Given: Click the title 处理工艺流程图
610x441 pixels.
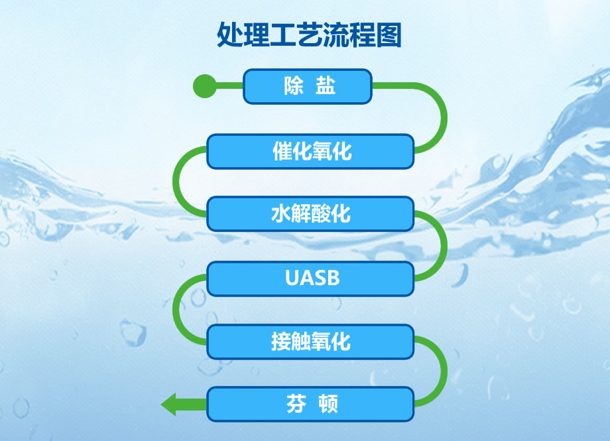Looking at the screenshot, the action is pos(309,35).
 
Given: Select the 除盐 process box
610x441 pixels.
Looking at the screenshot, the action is pos(308,86).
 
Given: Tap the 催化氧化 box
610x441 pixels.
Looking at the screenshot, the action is pos(310,151).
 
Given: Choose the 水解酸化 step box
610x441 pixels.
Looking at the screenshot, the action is pos(310,214).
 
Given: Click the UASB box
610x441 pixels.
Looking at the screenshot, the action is pos(310,279).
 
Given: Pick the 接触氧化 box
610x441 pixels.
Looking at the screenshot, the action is pos(310,342).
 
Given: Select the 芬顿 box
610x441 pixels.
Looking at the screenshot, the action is pos(310,404).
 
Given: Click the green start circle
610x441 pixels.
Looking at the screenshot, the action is pos(205,86).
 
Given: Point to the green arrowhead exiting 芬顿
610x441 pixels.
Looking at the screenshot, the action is pos(168,405).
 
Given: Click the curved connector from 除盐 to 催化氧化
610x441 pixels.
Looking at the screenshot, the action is pos(444,117).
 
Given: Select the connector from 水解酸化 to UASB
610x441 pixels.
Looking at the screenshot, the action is pos(444,245).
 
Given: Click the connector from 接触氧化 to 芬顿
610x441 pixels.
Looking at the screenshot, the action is pos(444,372).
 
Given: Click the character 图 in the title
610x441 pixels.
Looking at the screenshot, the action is pos(389,35).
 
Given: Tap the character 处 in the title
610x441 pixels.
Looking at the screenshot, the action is pos(230,35).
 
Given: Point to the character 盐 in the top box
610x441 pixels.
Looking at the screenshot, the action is pos(326,86).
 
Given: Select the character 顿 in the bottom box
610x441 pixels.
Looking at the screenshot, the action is pos(328,404).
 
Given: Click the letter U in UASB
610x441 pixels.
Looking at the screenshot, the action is pos(292,279).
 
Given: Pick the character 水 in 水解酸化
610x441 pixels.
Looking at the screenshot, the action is pos(281,214).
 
